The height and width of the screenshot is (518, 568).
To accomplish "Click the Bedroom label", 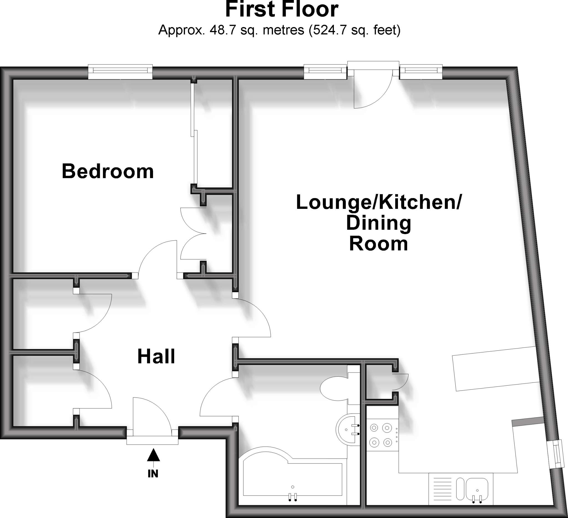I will tap(108, 171).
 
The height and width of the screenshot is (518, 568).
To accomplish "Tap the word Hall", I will tap(156, 357).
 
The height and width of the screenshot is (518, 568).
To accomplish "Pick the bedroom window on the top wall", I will tap(120, 72).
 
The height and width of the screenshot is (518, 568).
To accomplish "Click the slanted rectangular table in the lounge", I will tap(495, 369).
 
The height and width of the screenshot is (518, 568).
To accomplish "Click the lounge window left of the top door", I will tap(325, 72).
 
